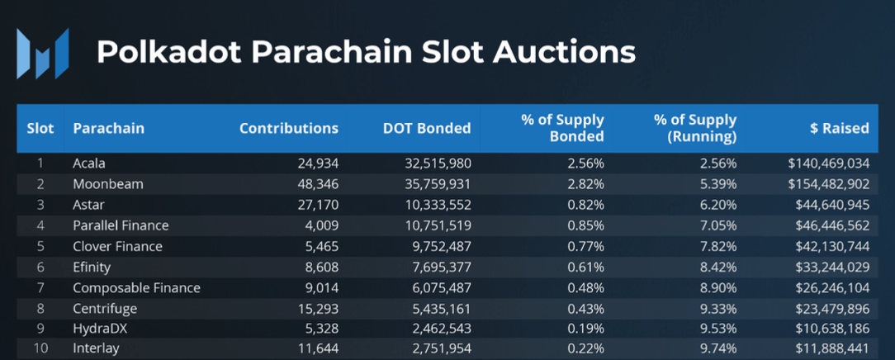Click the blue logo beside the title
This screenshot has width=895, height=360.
(x=43, y=53)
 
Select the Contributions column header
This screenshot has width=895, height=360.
(x=288, y=128)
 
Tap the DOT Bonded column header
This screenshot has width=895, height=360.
(x=427, y=128)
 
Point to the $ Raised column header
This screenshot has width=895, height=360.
(x=840, y=128)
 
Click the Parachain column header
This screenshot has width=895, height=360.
(x=108, y=128)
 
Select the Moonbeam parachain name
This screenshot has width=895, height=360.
(x=107, y=184)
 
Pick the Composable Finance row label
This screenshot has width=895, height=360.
(x=136, y=288)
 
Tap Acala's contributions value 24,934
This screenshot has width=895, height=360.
(x=317, y=163)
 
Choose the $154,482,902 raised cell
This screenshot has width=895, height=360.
(x=828, y=184)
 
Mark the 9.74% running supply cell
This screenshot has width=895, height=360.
(x=717, y=348)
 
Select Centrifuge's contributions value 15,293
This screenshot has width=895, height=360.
(x=317, y=308)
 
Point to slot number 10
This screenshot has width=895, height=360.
(x=40, y=348)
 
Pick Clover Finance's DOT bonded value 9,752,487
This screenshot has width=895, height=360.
(x=437, y=246)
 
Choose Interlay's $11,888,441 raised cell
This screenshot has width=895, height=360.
(x=832, y=348)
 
